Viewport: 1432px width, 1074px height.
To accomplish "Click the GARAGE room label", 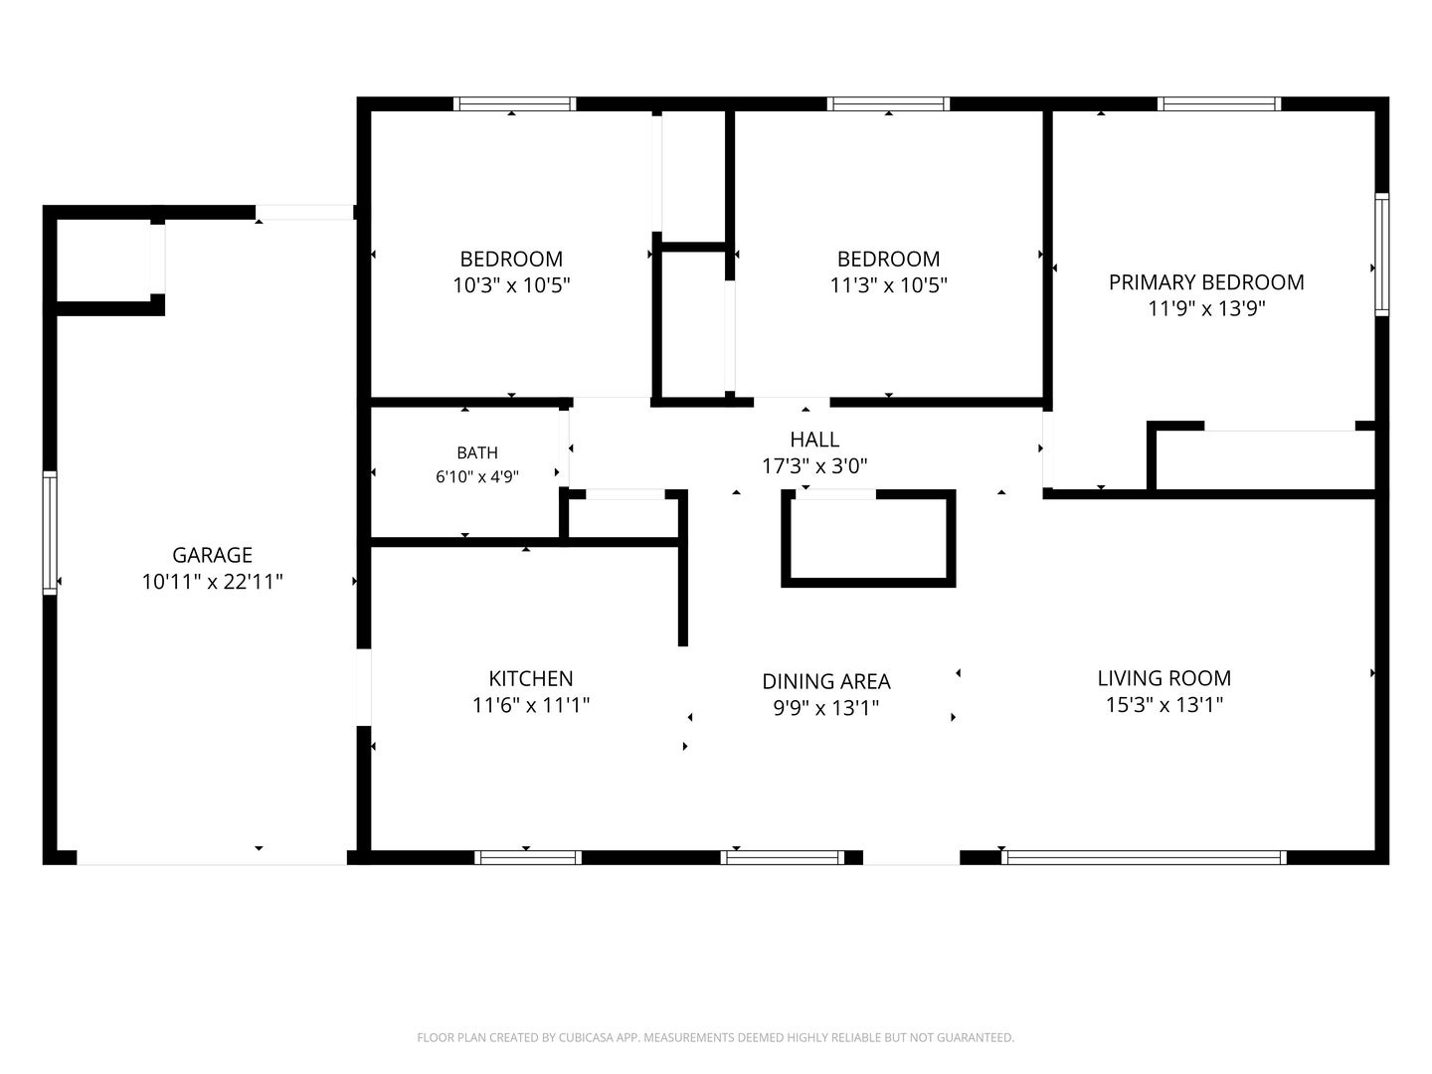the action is pyautogui.click(x=212, y=555).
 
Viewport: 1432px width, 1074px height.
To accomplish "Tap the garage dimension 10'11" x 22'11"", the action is pyautogui.click(x=212, y=582).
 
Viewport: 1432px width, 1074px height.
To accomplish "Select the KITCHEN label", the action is pyautogui.click(x=530, y=679).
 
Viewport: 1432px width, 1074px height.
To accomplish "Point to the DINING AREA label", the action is pyautogui.click(x=826, y=681).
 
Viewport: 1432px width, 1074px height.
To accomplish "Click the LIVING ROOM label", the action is pyautogui.click(x=1163, y=679).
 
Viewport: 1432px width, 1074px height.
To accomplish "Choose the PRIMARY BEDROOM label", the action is pyautogui.click(x=1206, y=282).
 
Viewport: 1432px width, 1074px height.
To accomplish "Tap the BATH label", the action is pyautogui.click(x=477, y=452).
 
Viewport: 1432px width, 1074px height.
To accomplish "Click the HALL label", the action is pyautogui.click(x=814, y=440).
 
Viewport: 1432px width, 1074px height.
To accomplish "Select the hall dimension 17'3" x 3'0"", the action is pyautogui.click(x=814, y=466).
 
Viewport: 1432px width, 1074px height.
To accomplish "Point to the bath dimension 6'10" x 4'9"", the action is pyautogui.click(x=477, y=476).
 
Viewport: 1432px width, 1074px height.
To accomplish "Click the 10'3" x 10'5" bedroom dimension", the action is pyautogui.click(x=511, y=285).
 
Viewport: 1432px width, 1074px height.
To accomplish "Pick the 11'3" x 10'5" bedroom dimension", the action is pyautogui.click(x=889, y=285).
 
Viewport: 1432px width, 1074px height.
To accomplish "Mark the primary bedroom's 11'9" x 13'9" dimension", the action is pyautogui.click(x=1206, y=308).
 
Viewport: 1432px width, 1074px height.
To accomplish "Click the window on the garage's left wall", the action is pyautogui.click(x=50, y=533).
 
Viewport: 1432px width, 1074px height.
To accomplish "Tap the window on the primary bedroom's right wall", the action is pyautogui.click(x=1381, y=255).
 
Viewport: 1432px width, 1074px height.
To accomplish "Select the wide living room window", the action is pyautogui.click(x=1144, y=857).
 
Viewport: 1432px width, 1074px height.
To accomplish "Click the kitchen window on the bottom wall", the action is pyautogui.click(x=527, y=857).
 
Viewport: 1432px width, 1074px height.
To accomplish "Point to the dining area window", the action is pyautogui.click(x=783, y=857).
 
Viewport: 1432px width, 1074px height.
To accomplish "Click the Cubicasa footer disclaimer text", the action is pyautogui.click(x=716, y=1037).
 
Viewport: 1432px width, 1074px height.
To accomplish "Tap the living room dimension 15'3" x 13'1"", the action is pyautogui.click(x=1163, y=705).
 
